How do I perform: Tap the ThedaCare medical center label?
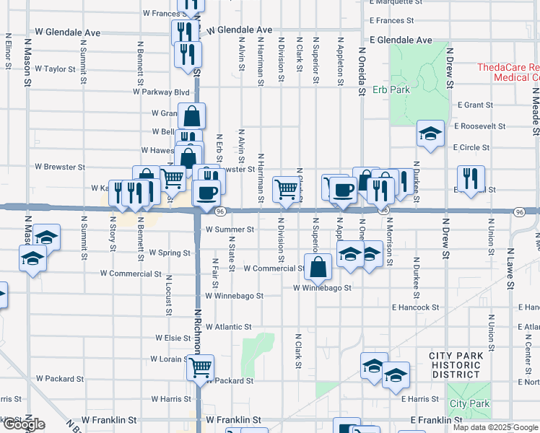(x=508, y=72)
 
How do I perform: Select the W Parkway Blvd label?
(x=161, y=92)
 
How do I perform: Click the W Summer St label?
(x=230, y=229)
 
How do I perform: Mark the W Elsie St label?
(x=173, y=338)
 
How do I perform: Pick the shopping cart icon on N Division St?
(x=286, y=189)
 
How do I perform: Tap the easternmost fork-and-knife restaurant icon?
(x=471, y=178)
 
